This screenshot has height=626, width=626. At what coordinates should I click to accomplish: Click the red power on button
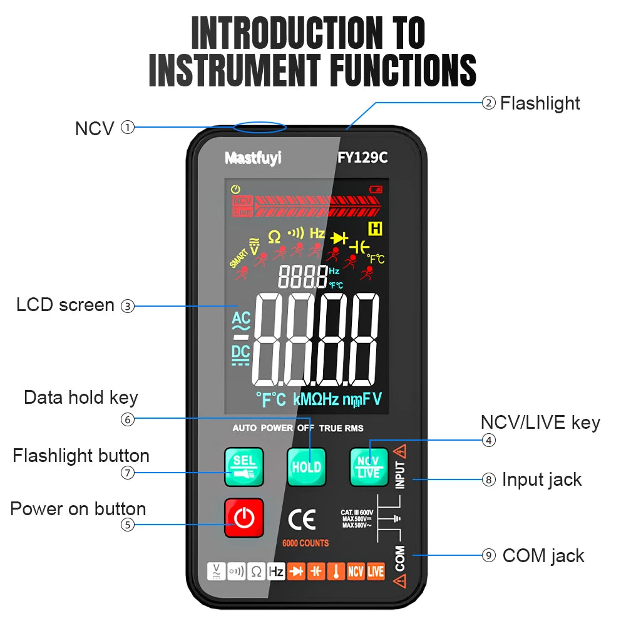244,518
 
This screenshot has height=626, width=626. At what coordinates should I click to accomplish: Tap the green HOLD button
307,467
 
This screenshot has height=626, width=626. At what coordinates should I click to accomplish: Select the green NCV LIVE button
369,467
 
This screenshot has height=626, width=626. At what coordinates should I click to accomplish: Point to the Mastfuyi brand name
253,158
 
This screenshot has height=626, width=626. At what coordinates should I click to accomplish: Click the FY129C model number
362,158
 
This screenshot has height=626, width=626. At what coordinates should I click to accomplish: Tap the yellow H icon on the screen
376,228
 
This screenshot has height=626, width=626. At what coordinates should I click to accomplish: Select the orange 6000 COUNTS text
305,543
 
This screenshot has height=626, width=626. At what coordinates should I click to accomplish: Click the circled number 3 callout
127,306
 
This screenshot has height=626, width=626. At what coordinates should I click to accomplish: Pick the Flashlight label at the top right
540,103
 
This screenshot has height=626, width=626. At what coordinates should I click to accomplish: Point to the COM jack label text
543,555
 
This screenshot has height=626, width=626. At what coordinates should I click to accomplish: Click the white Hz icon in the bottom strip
277,572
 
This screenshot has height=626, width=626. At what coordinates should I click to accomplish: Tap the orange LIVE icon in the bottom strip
376,572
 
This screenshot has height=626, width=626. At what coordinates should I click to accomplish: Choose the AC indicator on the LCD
241,320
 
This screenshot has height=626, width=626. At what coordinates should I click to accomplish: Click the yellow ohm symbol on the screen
274,237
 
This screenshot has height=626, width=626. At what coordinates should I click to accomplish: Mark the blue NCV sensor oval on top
260,128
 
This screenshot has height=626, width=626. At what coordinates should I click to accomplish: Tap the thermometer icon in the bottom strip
336,572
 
